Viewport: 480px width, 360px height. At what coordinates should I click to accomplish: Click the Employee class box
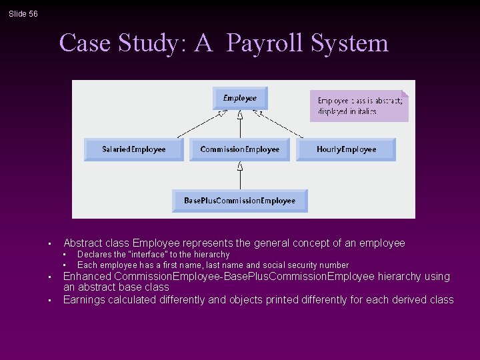pos(239,99)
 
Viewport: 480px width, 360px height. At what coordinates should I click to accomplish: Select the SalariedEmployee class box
pos(133,149)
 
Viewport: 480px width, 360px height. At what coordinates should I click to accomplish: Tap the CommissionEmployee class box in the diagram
pos(239,149)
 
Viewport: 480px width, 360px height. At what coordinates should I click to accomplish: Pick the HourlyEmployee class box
pos(346,149)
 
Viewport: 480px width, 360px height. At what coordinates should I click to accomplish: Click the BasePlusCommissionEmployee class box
pos(239,201)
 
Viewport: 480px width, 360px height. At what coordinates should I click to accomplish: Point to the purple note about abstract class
pos(359,105)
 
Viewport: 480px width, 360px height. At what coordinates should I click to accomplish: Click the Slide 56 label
pos(23,14)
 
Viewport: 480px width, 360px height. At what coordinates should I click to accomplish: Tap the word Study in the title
pos(155,43)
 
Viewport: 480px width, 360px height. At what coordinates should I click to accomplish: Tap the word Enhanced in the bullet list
pos(87,277)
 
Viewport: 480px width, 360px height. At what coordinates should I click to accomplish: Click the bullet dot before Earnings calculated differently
pos(49,301)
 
